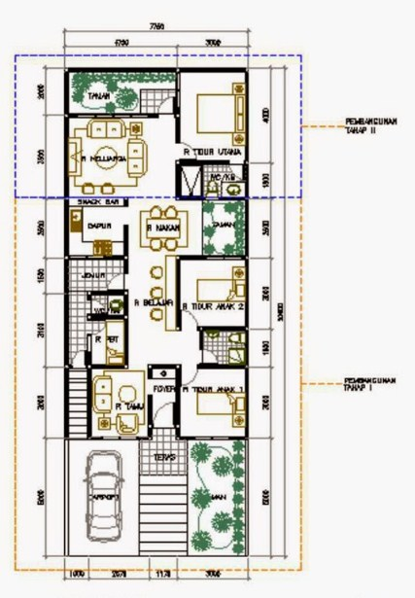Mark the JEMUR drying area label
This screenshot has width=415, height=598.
point(94,276)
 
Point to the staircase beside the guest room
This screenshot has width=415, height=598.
point(78,398)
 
